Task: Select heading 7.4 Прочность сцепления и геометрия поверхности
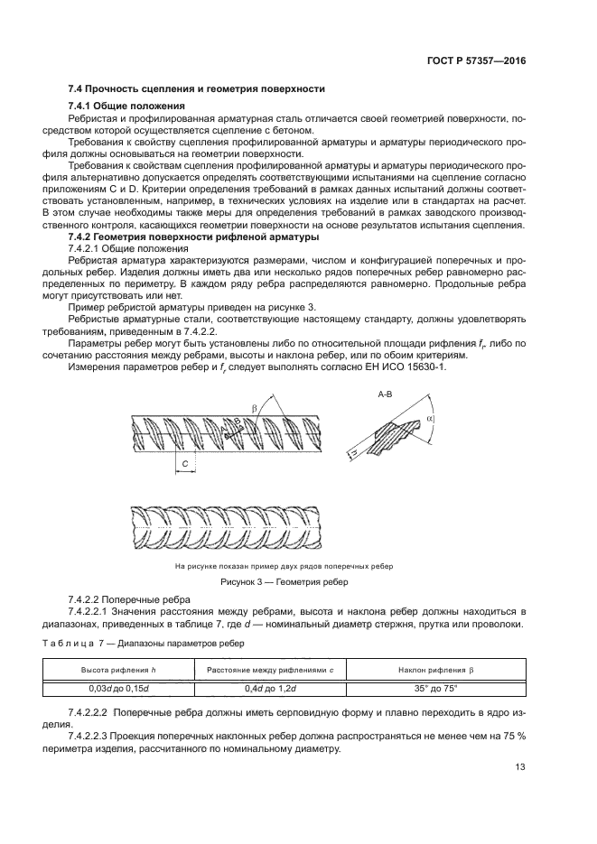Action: click(197, 89)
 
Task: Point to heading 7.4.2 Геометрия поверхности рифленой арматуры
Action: click(192, 237)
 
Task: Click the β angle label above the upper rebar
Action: click(254, 384)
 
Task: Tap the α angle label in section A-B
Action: click(455, 394)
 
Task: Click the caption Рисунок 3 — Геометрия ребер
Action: click(284, 582)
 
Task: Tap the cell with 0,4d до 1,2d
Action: click(270, 689)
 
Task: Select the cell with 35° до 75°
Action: click(442, 689)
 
